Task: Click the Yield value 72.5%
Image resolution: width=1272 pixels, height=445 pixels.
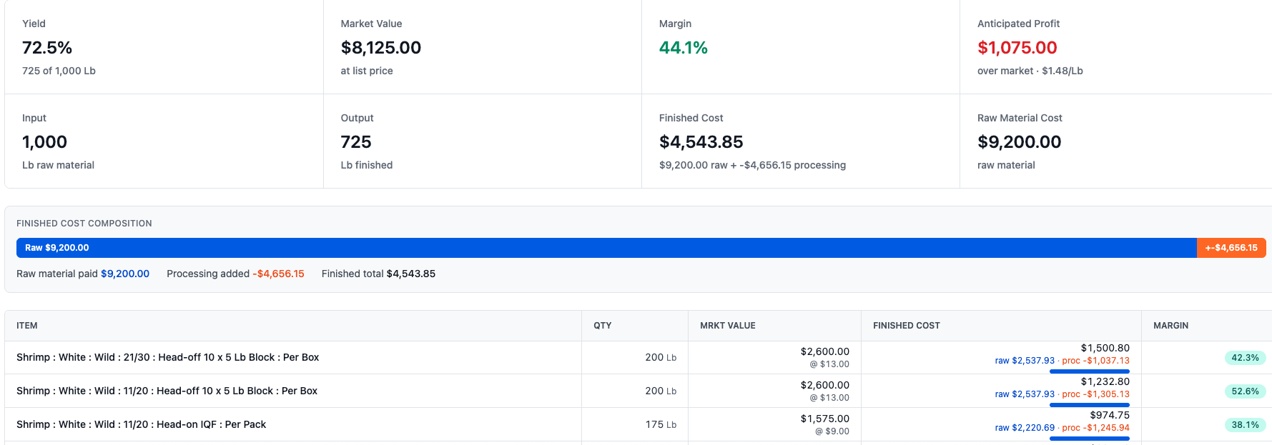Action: pyautogui.click(x=47, y=48)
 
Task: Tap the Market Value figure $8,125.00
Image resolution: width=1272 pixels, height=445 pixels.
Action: pyautogui.click(x=381, y=48)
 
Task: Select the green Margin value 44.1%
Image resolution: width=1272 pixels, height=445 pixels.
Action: pyautogui.click(x=684, y=48)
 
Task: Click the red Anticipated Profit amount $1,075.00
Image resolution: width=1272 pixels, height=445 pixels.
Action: pyautogui.click(x=1017, y=48)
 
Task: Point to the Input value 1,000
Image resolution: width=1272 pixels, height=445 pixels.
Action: pyautogui.click(x=44, y=142)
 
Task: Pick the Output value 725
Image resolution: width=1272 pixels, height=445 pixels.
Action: pyautogui.click(x=356, y=142)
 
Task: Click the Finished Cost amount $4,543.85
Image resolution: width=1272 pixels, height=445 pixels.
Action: pyautogui.click(x=701, y=142)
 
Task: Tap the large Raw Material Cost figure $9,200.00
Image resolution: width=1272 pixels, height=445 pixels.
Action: pyautogui.click(x=1020, y=142)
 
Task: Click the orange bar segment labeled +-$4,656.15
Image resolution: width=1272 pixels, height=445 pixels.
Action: pyautogui.click(x=1231, y=248)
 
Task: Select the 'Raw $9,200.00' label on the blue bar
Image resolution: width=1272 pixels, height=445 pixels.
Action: pyautogui.click(x=57, y=248)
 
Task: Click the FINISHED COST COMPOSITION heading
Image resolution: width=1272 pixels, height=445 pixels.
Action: pyautogui.click(x=84, y=224)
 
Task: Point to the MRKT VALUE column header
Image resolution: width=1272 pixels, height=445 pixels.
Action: pyautogui.click(x=728, y=326)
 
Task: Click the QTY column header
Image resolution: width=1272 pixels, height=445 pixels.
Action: pyautogui.click(x=603, y=326)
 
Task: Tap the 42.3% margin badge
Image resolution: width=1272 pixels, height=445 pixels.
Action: pyautogui.click(x=1245, y=358)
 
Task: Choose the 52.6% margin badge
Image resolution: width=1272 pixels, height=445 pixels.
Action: pyautogui.click(x=1245, y=391)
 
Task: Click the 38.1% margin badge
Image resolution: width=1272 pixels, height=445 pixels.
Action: pyautogui.click(x=1245, y=425)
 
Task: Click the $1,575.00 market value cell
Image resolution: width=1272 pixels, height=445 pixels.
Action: pyautogui.click(x=825, y=419)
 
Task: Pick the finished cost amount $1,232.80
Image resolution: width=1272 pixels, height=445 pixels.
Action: pyautogui.click(x=1105, y=381)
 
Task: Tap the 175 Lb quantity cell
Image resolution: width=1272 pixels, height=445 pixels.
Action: pyautogui.click(x=661, y=424)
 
